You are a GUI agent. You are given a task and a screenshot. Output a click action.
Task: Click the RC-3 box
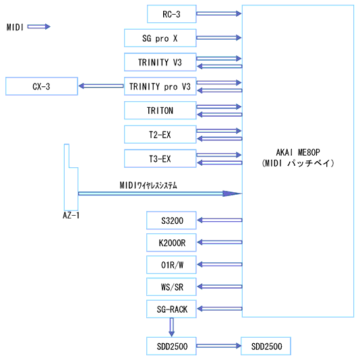tap(171, 14)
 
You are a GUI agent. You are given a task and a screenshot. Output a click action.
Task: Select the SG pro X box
tap(160, 38)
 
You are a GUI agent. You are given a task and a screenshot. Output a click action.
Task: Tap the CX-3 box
tap(42, 86)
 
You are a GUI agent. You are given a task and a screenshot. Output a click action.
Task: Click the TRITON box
tap(160, 111)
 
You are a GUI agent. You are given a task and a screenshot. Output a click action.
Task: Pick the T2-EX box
tap(160, 135)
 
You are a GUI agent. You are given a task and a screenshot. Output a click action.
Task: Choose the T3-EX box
tap(160, 158)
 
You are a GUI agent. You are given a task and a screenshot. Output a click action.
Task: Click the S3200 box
tap(171, 220)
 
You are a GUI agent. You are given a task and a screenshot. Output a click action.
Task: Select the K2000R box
tap(171, 243)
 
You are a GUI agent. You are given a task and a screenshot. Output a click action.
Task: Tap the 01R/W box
tap(171, 265)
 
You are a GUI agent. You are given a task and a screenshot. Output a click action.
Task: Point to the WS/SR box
tap(171, 287)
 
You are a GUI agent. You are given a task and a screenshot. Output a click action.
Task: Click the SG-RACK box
tap(171, 309)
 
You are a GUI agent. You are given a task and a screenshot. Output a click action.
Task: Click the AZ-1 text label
tap(71, 215)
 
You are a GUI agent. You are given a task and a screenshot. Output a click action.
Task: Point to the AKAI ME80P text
tap(298, 152)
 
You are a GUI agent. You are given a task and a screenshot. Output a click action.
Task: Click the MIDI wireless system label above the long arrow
tap(148, 185)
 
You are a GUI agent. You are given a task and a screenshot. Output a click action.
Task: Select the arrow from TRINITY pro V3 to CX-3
tap(101, 86)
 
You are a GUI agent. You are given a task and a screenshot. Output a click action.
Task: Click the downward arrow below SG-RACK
tap(171, 327)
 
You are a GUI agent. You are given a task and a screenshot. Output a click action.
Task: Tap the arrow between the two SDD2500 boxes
tap(219, 346)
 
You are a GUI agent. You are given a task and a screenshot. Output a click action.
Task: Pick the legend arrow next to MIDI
tap(39, 27)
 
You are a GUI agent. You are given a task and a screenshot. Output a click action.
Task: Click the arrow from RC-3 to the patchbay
tap(219, 13)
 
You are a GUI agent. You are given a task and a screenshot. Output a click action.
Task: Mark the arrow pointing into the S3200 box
tap(220, 220)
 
